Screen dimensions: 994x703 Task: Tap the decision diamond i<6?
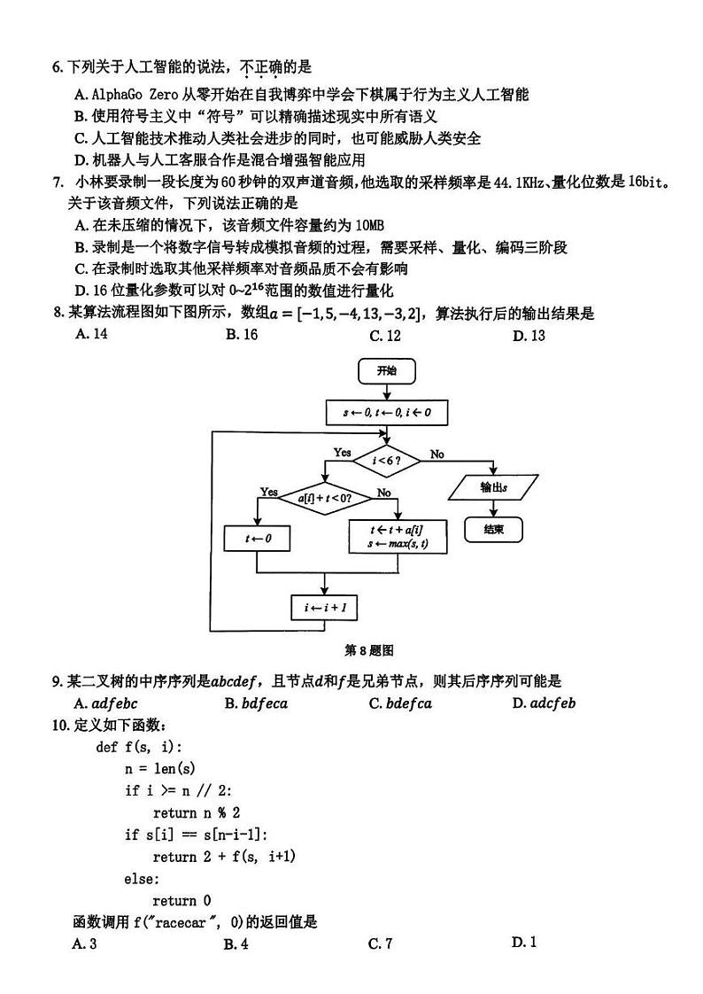[386, 461]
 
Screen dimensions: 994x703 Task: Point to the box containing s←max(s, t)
[398, 537]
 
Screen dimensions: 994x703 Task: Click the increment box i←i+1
[325, 609]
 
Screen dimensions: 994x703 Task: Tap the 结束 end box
[493, 529]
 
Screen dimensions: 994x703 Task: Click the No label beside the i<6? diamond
[437, 454]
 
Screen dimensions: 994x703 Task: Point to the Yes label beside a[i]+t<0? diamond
[269, 492]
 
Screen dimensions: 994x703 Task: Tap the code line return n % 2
[196, 812]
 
